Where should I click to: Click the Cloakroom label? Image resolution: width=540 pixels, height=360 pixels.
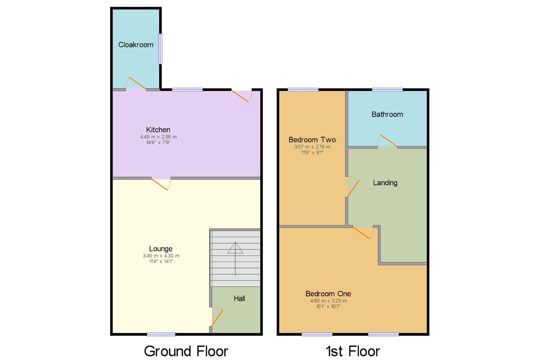(136, 45)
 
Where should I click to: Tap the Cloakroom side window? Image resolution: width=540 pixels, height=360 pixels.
(160, 49)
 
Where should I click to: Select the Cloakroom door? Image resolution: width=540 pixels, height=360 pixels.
(137, 83)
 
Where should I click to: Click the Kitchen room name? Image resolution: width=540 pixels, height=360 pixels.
(158, 130)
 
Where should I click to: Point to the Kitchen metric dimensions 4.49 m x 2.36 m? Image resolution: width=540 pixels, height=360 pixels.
(158, 137)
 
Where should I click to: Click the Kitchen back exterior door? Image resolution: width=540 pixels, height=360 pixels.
(241, 96)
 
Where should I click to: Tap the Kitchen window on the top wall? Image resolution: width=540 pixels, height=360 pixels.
(187, 90)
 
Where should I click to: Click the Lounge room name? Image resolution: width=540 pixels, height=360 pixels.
(161, 249)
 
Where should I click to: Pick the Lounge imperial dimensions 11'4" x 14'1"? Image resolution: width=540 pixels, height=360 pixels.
(161, 261)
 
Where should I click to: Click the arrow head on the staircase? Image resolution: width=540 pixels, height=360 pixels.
(235, 248)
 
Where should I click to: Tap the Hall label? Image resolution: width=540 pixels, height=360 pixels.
(239, 298)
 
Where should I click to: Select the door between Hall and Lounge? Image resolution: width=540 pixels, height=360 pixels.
(217, 318)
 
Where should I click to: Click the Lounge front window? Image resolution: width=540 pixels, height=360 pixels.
(161, 334)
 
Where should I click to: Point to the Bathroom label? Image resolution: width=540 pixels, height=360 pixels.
(387, 115)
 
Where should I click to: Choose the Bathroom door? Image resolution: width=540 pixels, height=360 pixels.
(389, 141)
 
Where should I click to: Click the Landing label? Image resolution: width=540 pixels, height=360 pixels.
(385, 183)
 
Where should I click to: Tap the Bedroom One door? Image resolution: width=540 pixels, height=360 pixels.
(362, 233)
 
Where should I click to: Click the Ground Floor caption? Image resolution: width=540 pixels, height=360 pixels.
(186, 351)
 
